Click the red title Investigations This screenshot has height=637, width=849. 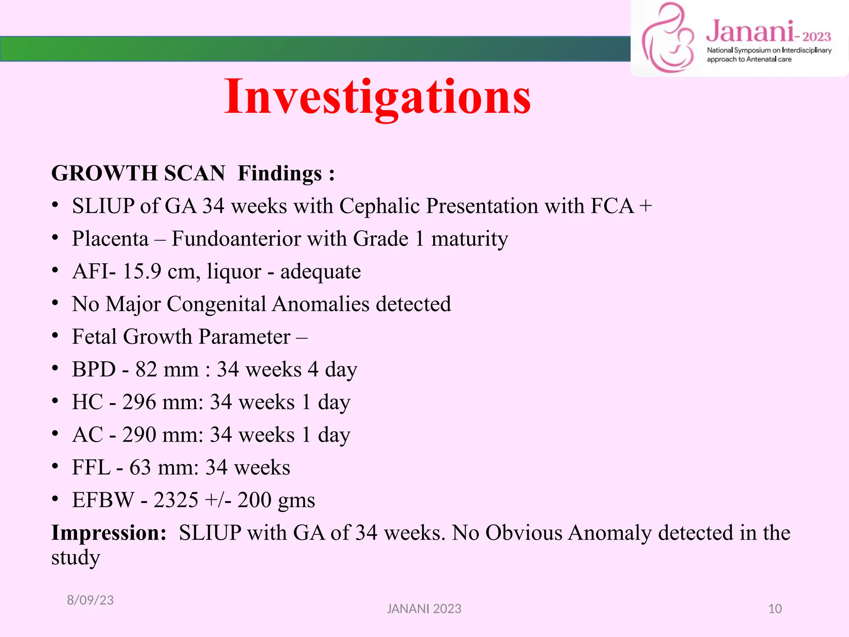[377, 97]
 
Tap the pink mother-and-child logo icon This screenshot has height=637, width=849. [667, 38]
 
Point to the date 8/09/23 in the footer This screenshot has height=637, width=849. [90, 600]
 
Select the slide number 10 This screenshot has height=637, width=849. [775, 609]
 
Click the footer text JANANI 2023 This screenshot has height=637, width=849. [424, 609]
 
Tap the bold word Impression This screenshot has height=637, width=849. [109, 533]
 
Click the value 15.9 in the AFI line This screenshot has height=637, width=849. [142, 271]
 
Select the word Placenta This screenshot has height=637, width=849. [110, 239]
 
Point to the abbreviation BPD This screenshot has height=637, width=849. [94, 369]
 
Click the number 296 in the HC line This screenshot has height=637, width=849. [139, 402]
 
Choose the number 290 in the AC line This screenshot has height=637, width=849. [139, 435]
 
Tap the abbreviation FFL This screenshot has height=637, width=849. [91, 467]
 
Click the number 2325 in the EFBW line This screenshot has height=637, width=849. [176, 500]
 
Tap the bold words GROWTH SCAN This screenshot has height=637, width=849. [138, 173]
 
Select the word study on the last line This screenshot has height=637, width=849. [75, 557]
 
